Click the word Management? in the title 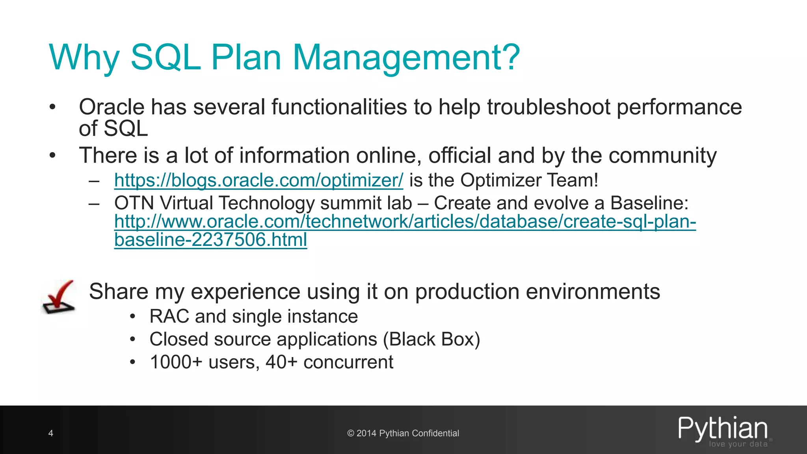pos(406,58)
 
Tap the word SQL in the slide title pos(165,58)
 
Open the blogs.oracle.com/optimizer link pos(258,180)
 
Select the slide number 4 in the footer pos(51,434)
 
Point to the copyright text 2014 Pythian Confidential pos(403,434)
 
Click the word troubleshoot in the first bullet pos(549,107)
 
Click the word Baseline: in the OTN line pos(649,203)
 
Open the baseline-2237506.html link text pos(210,240)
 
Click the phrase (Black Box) pos(431,339)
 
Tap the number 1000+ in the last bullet pos(176,362)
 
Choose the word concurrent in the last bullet pos(348,362)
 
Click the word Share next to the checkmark pos(119,292)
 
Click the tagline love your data pos(738,444)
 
